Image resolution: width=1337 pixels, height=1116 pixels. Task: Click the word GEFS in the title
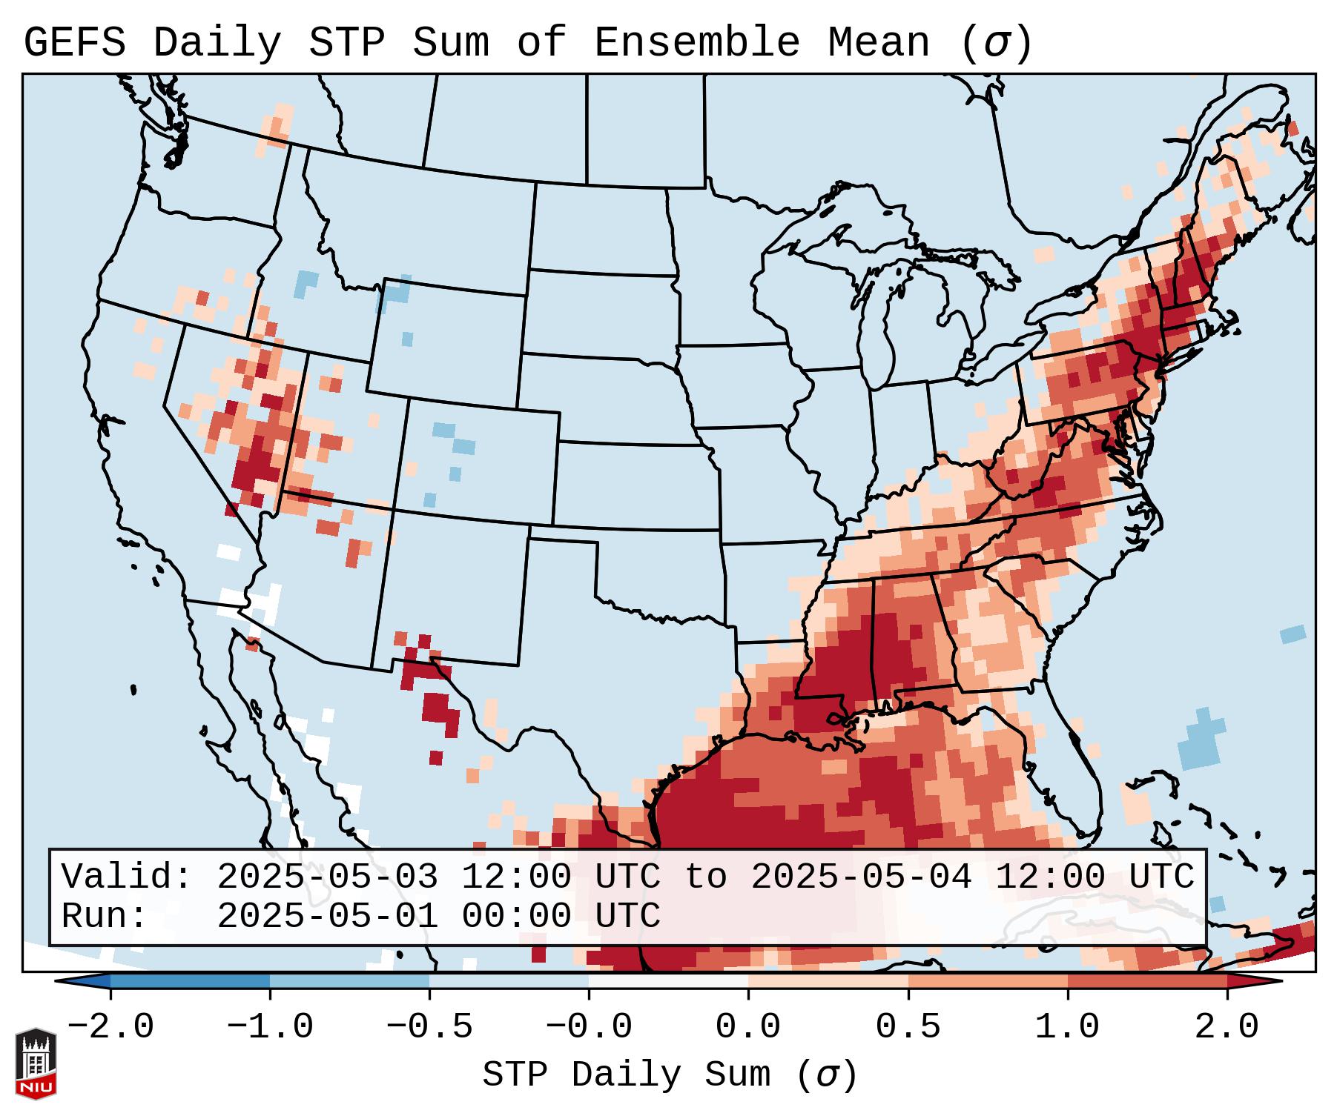(74, 43)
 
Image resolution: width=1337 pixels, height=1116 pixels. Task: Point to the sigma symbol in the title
(996, 43)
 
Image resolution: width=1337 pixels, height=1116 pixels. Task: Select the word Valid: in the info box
(127, 877)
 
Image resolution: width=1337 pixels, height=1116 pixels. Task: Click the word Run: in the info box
(105, 916)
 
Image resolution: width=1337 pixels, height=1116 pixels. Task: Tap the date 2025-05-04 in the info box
(860, 877)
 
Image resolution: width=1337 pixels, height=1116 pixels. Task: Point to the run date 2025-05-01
(327, 916)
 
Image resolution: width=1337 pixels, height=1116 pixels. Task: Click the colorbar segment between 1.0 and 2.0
(1147, 982)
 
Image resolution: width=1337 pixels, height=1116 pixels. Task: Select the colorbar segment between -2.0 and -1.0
(190, 982)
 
